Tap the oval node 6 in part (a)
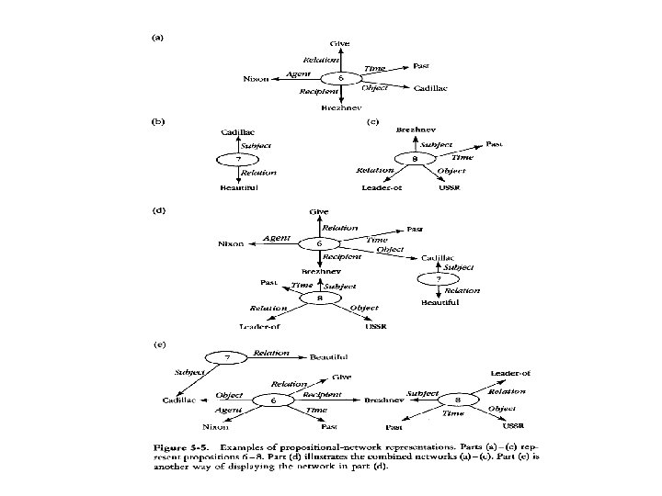coord(341,79)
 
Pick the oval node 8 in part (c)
coord(416,160)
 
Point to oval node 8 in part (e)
coord(457,401)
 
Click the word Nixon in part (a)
coord(256,79)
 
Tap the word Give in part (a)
coord(340,43)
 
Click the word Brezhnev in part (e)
coord(380,401)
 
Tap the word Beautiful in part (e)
coord(328,356)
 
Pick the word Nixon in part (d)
coord(230,244)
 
